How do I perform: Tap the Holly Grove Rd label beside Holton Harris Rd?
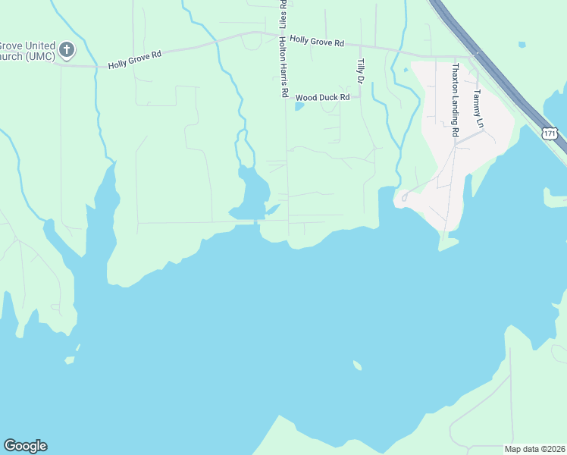tap(317, 42)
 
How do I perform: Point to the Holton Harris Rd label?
tap(284, 67)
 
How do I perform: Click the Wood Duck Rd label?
tap(322, 97)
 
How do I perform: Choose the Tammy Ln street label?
tap(477, 107)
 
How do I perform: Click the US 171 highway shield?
tap(550, 133)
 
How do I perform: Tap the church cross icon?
tap(67, 50)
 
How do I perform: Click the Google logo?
tap(25, 446)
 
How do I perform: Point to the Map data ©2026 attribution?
tap(534, 449)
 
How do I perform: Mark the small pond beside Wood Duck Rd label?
tap(299, 106)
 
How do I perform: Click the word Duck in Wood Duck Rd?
tap(325, 97)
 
